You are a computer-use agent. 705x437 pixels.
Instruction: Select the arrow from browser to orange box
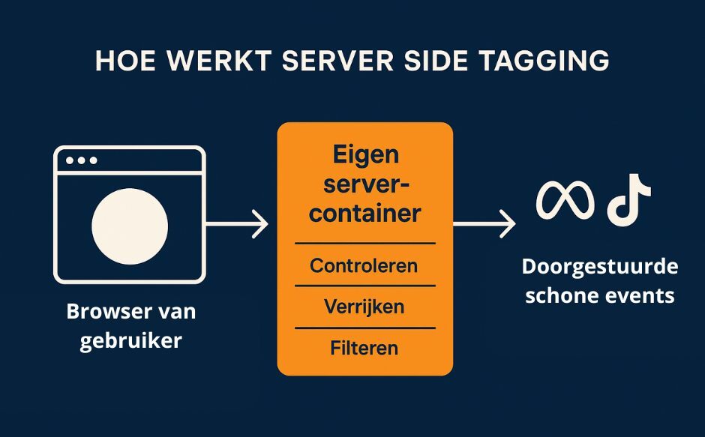click(x=236, y=223)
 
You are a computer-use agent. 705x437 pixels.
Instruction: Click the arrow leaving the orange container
click(x=484, y=223)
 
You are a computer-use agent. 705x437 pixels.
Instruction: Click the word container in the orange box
click(x=365, y=214)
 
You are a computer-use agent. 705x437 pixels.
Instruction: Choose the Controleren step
click(x=364, y=265)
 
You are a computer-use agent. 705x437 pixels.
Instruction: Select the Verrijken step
click(x=364, y=307)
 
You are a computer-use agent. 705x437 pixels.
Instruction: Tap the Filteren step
click(x=364, y=348)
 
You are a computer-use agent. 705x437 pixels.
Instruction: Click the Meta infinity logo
click(x=565, y=200)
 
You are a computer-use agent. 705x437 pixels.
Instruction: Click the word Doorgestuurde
click(x=600, y=268)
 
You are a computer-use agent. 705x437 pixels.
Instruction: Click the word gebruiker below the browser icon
click(x=131, y=340)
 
